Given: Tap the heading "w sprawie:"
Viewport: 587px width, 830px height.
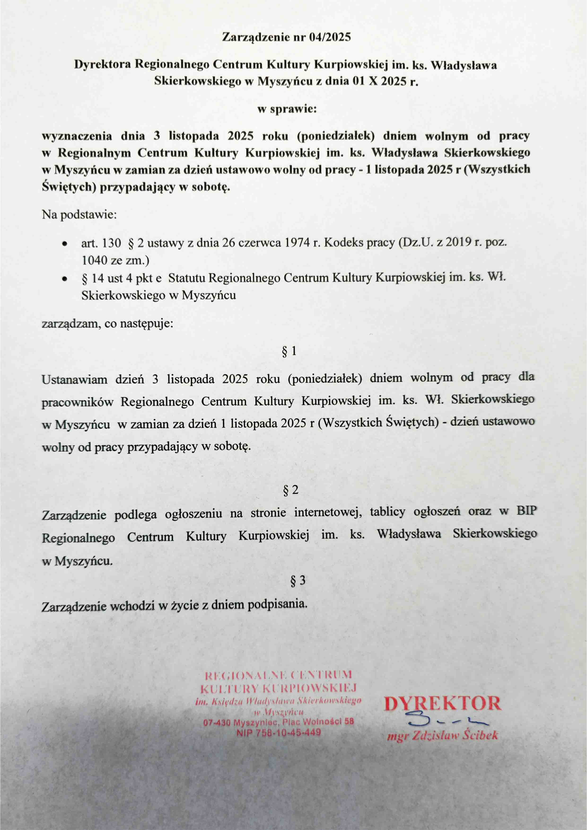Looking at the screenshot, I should [x=287, y=109].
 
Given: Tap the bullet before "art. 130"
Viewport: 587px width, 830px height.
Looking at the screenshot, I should [x=64, y=244].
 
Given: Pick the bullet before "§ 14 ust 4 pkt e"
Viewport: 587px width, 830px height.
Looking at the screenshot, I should [x=64, y=279].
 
